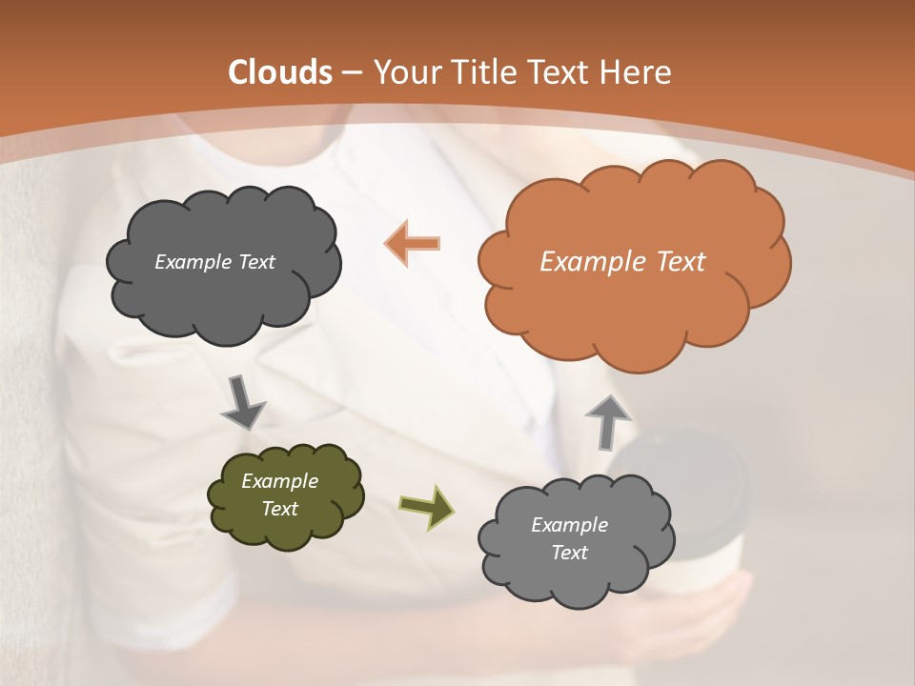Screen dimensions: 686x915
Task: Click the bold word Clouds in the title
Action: coord(279,72)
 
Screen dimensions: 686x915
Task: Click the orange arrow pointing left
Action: coord(413,244)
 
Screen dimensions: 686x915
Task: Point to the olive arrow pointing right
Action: coord(427,505)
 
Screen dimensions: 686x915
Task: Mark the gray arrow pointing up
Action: coord(607,419)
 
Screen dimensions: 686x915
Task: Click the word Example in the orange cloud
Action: coord(591,261)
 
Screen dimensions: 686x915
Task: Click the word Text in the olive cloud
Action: coord(279,509)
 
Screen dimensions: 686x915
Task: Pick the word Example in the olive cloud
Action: coord(279,481)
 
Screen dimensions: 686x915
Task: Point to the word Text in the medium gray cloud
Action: coord(569,553)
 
